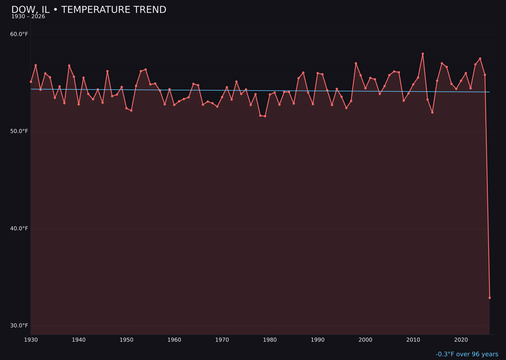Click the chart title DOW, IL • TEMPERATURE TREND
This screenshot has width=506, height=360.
[x=89, y=10]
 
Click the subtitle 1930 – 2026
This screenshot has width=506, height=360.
[x=28, y=17]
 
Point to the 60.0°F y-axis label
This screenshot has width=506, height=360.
[x=19, y=34]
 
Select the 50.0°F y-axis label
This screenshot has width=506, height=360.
[x=19, y=131]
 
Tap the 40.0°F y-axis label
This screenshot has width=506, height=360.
[x=19, y=229]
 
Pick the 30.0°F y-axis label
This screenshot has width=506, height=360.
[x=19, y=326]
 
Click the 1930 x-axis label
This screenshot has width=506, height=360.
[x=31, y=340]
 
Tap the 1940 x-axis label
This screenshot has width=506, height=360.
[x=79, y=340]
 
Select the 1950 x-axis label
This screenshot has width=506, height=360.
[x=126, y=340]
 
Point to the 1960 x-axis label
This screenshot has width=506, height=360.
[x=174, y=340]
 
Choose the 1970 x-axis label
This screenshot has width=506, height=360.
[x=222, y=340]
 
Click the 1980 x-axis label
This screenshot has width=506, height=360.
[x=270, y=340]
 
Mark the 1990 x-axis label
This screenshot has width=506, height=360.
[x=318, y=340]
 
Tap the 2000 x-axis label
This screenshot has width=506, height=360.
[x=365, y=340]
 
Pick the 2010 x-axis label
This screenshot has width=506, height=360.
[x=413, y=340]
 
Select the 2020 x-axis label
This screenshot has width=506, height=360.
[x=461, y=340]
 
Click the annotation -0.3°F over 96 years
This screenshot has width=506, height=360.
[x=467, y=354]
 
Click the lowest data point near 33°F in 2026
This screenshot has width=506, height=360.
[x=490, y=298]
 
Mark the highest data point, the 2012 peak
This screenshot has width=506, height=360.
[x=423, y=54]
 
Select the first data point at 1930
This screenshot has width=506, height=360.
[x=31, y=82]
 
